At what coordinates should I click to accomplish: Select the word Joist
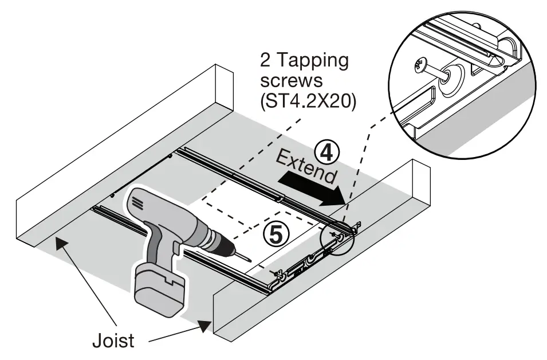113,340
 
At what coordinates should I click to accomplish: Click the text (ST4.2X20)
308,103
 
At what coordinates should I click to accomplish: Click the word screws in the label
286,82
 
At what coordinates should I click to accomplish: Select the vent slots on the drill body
138,202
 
